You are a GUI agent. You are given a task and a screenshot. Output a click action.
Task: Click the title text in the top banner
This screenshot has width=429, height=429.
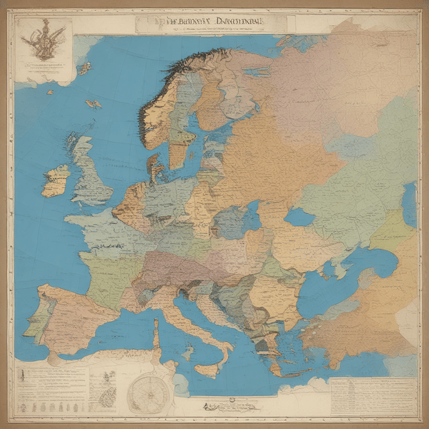click(201, 24)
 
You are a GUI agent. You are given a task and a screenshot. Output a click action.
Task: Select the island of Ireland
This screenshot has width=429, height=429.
click(56, 180)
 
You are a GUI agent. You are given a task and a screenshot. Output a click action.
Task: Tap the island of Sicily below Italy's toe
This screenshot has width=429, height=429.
click(207, 369)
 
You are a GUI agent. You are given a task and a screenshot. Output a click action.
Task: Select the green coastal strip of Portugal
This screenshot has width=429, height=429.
click(38, 322)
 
